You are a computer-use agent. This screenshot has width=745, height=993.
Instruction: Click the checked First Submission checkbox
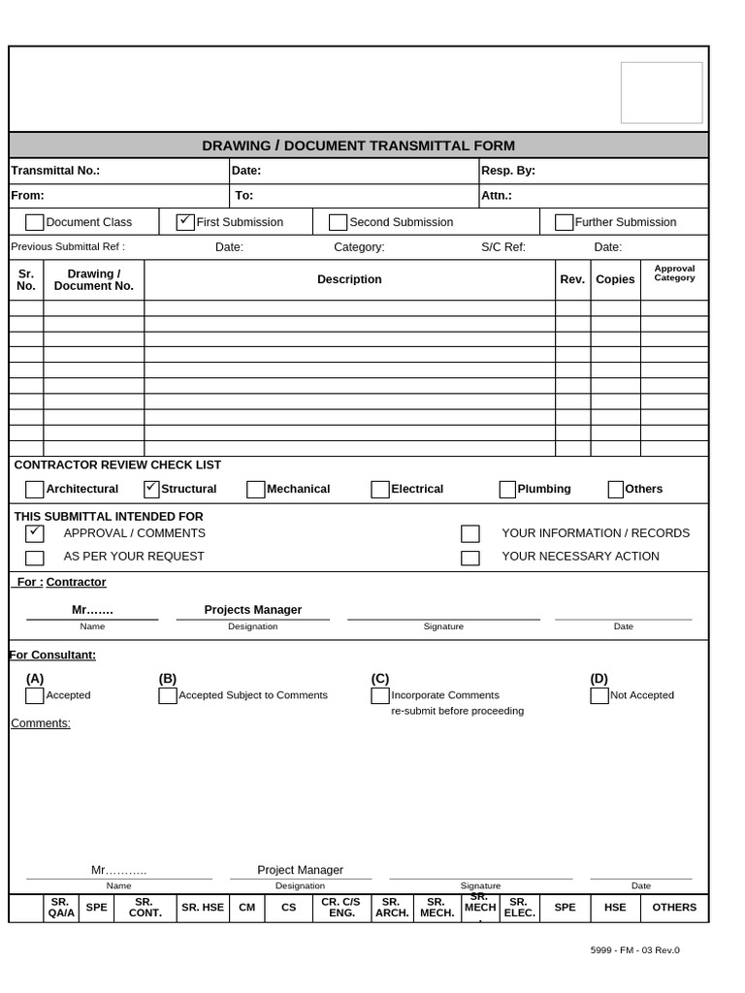(185, 222)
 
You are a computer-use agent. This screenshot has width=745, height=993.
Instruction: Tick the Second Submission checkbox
(338, 222)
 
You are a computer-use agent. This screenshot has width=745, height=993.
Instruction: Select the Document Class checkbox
(35, 222)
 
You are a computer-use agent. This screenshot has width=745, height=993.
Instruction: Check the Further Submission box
(564, 222)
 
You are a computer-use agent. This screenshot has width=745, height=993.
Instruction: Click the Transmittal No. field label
(55, 171)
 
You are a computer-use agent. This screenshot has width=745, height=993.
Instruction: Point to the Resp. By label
(508, 171)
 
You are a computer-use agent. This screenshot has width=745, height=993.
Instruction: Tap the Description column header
(349, 279)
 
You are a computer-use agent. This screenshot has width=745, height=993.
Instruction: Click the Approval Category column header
(674, 273)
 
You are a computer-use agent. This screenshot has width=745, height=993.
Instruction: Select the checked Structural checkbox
(151, 489)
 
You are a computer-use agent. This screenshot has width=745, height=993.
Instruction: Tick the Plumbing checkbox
(507, 489)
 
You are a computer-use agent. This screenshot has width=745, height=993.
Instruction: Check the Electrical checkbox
(380, 489)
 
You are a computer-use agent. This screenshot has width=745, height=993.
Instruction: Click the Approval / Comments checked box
(35, 533)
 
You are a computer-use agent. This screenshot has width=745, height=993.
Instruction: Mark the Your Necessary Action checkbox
(470, 558)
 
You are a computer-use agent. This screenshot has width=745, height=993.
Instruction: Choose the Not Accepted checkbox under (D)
(599, 695)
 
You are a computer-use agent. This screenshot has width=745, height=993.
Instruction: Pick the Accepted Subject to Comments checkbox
(168, 695)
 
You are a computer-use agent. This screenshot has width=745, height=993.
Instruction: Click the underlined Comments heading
(41, 723)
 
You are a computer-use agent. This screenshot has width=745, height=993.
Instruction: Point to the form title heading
(358, 145)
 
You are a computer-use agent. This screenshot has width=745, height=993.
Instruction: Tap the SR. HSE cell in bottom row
(203, 908)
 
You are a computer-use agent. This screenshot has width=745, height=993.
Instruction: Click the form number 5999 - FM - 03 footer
(634, 950)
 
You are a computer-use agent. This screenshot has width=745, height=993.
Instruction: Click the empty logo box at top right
(662, 93)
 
